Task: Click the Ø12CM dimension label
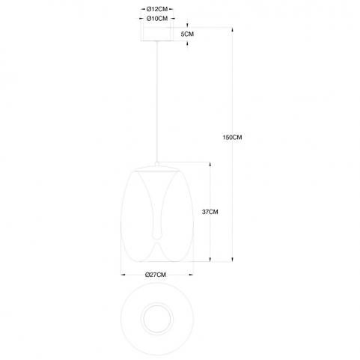coord(157,10)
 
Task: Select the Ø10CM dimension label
coord(157,19)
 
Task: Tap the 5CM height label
coord(187,34)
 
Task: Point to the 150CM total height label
coord(232,137)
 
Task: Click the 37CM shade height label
coord(210,212)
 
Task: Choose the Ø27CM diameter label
coord(156,275)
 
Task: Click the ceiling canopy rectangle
coord(156,34)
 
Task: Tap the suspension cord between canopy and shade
coord(157,102)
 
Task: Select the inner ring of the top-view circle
coord(157,319)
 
